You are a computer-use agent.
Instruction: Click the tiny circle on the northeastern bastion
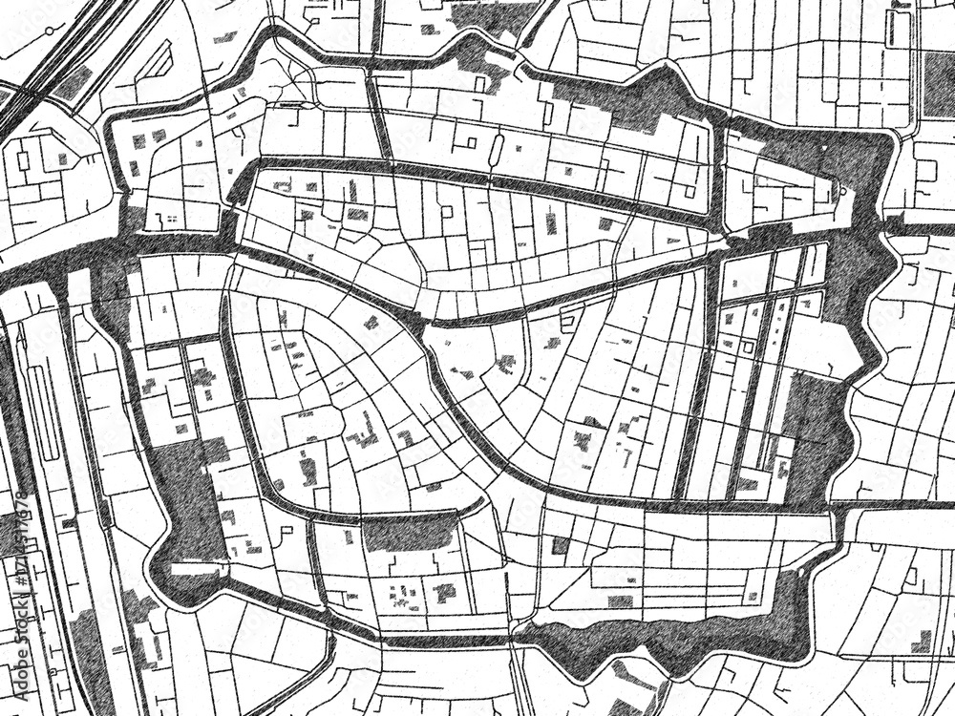point(843,192)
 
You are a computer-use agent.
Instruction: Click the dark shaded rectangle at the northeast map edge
point(939,84)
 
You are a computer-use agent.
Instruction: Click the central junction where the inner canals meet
point(421,320)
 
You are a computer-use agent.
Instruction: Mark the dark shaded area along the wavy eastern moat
point(812,430)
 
